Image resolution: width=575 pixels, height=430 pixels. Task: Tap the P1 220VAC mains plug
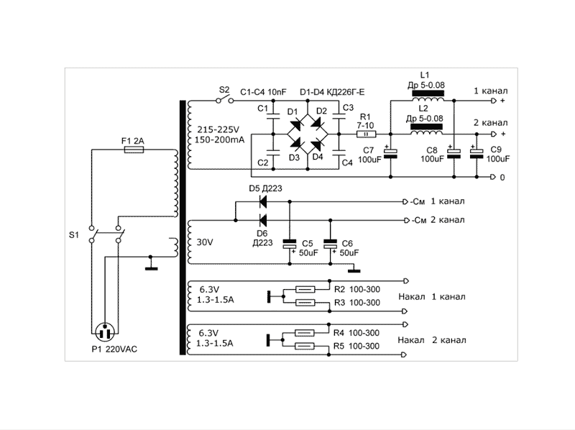coord(106,332)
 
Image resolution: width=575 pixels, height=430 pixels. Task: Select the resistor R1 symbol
coord(366,134)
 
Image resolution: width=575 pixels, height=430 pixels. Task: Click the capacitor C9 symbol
coord(476,152)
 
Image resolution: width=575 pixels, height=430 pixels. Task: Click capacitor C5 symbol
coord(290,245)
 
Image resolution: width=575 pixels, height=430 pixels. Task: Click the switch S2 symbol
coord(224,101)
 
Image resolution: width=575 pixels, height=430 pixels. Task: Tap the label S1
coord(73,234)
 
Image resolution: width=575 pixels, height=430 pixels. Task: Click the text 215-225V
coord(216,129)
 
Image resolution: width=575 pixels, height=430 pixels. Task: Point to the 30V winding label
coord(205,243)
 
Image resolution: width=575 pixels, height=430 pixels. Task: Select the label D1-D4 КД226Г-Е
coord(332,92)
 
